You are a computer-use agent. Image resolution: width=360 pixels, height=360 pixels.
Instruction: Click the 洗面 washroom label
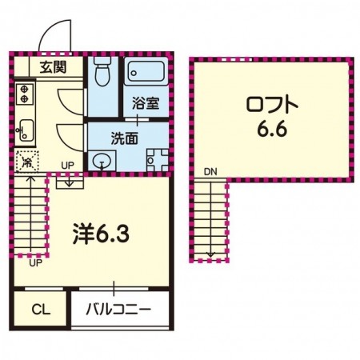[x=124, y=138]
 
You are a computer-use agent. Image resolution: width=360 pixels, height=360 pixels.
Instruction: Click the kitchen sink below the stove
[x=23, y=127]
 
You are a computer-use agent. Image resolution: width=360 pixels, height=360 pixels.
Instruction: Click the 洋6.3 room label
[x=100, y=235]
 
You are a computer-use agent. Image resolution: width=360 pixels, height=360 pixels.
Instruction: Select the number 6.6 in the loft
[x=272, y=128]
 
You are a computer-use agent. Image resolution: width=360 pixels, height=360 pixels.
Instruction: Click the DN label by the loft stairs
[x=210, y=171]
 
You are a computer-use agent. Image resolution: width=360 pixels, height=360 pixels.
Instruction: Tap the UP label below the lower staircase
[x=35, y=262]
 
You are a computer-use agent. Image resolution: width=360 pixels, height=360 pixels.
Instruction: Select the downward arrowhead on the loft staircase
[x=211, y=255]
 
